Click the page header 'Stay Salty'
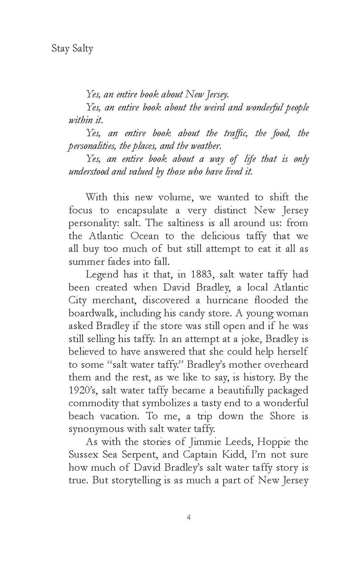click(x=72, y=48)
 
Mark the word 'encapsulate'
click(x=143, y=210)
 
